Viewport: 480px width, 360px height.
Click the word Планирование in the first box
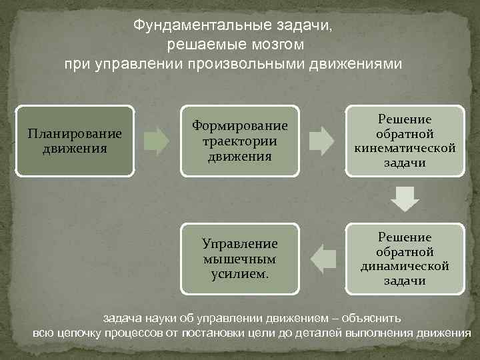click(75, 133)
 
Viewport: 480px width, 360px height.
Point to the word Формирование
click(240, 125)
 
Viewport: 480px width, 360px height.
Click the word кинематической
click(405, 148)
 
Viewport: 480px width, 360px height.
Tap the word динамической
click(405, 266)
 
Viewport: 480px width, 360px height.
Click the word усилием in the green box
click(239, 273)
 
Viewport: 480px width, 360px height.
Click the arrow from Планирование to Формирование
click(157, 141)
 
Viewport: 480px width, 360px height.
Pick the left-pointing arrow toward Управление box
click(323, 259)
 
